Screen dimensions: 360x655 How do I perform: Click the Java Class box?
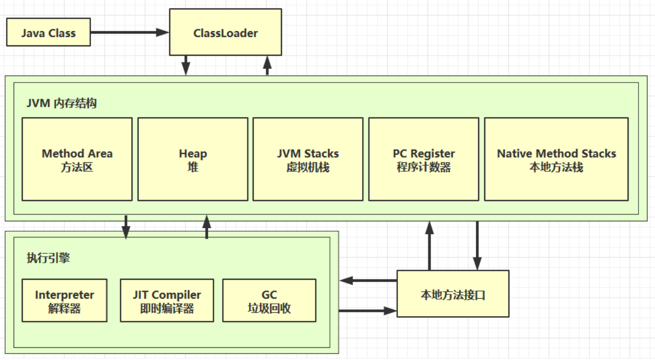(49, 33)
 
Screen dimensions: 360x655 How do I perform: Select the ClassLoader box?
(225, 33)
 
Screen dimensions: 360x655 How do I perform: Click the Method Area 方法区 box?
(77, 159)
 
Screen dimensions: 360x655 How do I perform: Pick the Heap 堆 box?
(192, 159)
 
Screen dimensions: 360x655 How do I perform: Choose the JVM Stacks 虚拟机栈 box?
(308, 159)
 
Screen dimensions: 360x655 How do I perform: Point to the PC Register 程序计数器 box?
(423, 159)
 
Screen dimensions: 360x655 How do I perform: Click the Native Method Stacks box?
(556, 159)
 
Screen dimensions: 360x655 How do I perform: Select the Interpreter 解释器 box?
(65, 301)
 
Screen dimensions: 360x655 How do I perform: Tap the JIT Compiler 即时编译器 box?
(167, 301)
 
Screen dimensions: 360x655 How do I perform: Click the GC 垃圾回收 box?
(269, 301)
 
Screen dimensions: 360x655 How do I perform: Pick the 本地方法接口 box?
(453, 294)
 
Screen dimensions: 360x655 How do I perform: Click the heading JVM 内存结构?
(62, 103)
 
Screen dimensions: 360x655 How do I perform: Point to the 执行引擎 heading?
(49, 258)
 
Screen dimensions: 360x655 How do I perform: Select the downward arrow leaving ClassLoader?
(186, 65)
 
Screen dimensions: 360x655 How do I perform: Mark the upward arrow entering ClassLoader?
(267, 65)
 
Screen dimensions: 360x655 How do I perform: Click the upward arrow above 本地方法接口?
(429, 245)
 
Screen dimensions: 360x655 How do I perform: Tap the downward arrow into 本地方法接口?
(477, 245)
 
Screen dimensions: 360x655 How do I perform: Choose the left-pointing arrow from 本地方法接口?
(368, 281)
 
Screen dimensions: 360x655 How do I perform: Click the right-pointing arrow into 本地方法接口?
(368, 310)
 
